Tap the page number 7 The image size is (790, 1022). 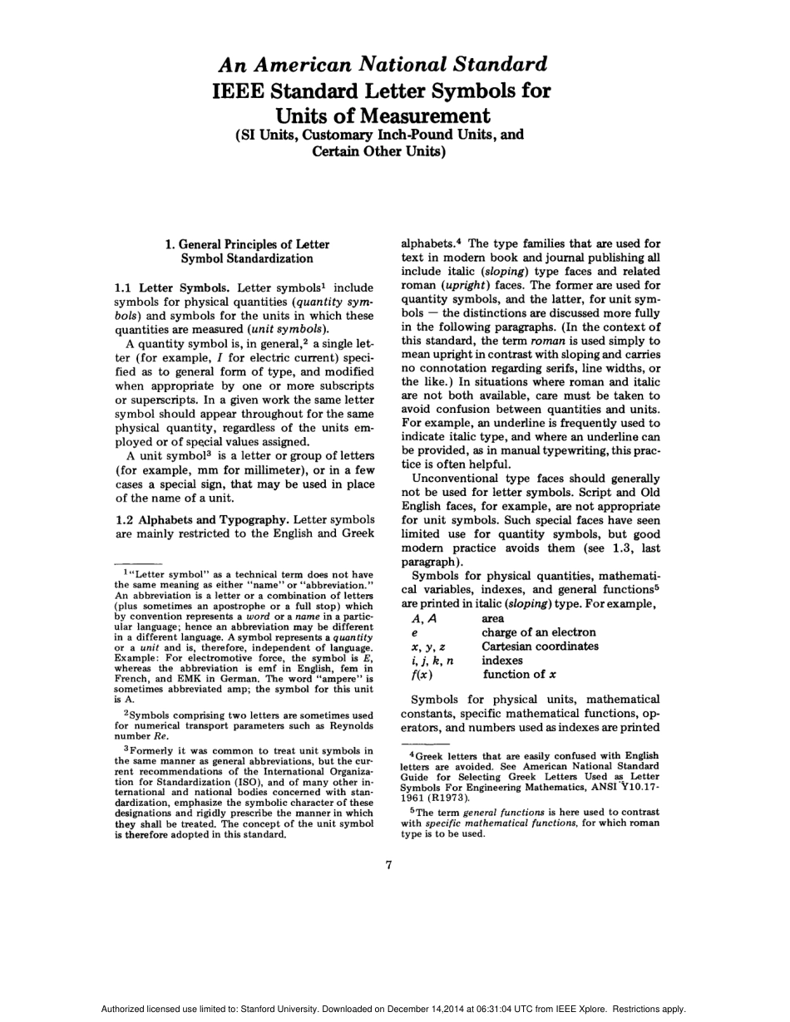click(x=389, y=865)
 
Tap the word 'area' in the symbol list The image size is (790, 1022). click(x=493, y=618)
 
